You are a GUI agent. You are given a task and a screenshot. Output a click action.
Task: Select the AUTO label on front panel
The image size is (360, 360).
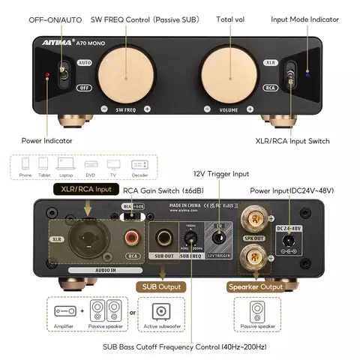click(84, 64)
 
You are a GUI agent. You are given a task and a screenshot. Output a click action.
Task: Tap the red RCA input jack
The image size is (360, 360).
click(133, 239)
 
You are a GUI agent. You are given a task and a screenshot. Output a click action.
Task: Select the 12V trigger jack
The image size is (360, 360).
click(219, 240)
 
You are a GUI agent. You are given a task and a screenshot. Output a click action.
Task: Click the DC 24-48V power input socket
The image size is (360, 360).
click(288, 241)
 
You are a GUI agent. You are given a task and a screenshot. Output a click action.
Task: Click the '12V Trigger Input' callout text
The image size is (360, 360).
click(220, 174)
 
